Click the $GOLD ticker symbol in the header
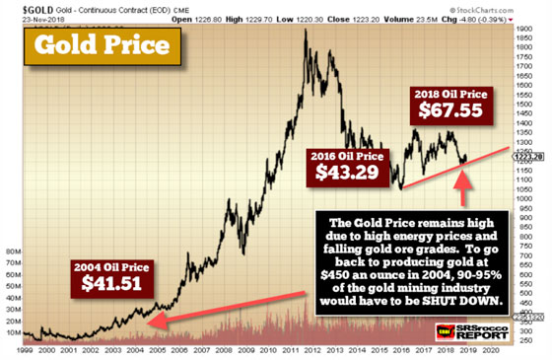pos(22,6)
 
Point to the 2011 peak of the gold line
pos(307,31)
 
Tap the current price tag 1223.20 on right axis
pos(530,153)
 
